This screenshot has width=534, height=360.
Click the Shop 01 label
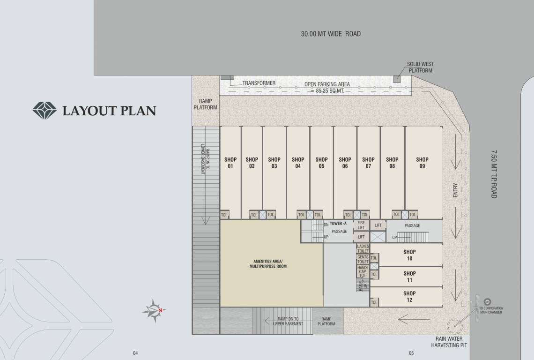pyautogui.click(x=230, y=163)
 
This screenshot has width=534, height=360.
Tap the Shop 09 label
pyautogui.click(x=422, y=163)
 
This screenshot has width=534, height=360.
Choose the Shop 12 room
pyautogui.click(x=409, y=297)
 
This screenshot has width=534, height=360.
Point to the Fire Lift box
pyautogui.click(x=361, y=225)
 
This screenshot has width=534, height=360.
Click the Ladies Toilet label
pyautogui.click(x=363, y=248)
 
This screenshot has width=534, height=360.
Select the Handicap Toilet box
pyautogui.click(x=363, y=271)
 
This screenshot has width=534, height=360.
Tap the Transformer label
pyautogui.click(x=259, y=83)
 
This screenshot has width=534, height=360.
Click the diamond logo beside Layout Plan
pyautogui.click(x=44, y=111)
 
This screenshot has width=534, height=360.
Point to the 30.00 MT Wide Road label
pyautogui.click(x=331, y=34)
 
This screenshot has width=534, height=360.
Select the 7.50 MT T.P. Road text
pyautogui.click(x=494, y=174)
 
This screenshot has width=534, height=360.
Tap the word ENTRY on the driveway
pyautogui.click(x=455, y=190)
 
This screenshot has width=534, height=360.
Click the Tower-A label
pyautogui.click(x=338, y=224)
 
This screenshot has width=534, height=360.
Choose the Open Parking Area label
pyautogui.click(x=327, y=84)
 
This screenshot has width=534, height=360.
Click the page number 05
pyautogui.click(x=411, y=353)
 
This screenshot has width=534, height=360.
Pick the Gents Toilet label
pyautogui.click(x=363, y=260)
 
